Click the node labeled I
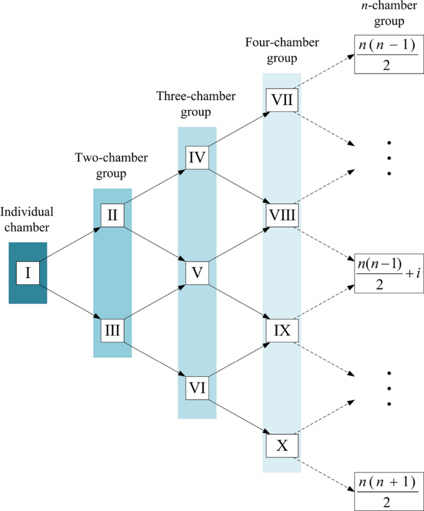tap(28, 272)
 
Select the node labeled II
tap(113, 214)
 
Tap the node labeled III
tap(113, 331)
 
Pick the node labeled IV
tap(197, 156)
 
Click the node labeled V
tap(197, 272)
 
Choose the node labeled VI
tap(197, 389)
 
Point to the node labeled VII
tap(282, 99)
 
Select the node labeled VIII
tap(282, 215)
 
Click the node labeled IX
tap(282, 330)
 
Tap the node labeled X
tap(282, 446)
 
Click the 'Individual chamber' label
tap(27, 218)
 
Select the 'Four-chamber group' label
tap(282, 51)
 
